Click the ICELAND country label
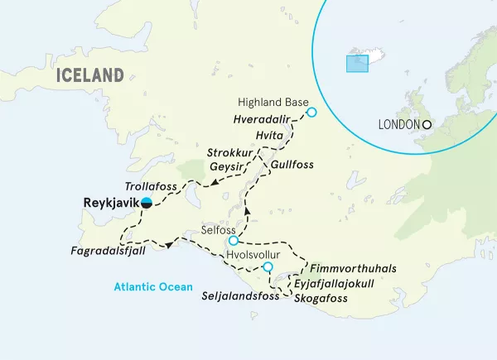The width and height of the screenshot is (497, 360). coord(90,75)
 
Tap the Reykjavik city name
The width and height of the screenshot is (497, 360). coord(110,202)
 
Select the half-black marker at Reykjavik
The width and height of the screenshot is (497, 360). coord(146,202)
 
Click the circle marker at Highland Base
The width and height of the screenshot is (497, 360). coord(311,113)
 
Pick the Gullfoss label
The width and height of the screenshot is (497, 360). coord(292,166)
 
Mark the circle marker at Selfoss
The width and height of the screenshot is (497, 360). coord(234,241)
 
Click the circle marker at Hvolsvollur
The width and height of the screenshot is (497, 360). coord(268,266)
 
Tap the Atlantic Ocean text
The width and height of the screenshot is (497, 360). coord(153,287)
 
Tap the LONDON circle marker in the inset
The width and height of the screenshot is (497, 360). coord(427,125)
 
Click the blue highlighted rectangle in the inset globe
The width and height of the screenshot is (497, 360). coord(357,63)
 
